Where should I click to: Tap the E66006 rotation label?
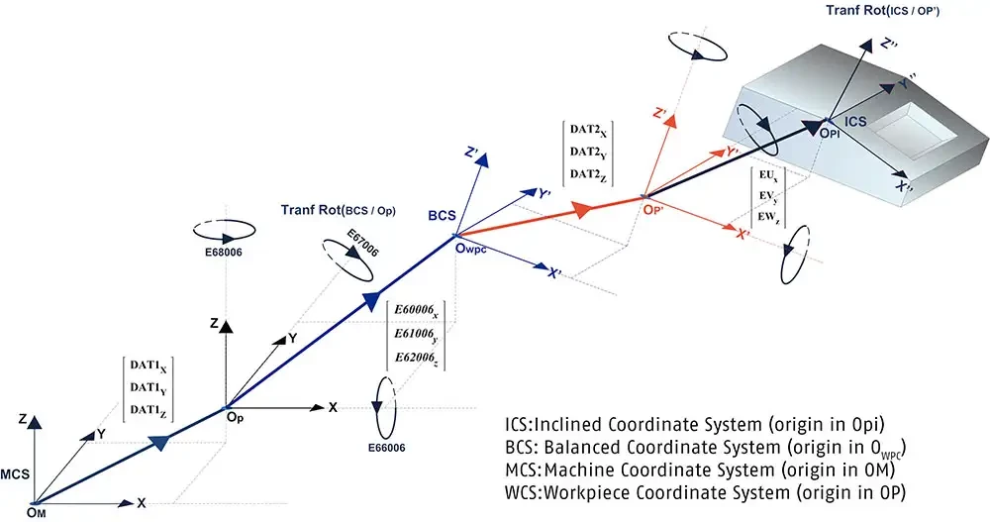pos(386,448)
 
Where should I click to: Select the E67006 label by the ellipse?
pos(363,244)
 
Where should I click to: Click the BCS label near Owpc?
pos(442,216)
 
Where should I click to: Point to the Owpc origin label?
pos(471,249)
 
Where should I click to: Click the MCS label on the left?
pos(15,474)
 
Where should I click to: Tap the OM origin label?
pos(36,512)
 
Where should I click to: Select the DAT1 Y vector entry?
pos(148,388)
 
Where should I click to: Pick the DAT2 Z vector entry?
pos(588,174)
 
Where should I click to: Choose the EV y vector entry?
pos(768,196)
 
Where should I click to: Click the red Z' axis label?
pos(660,114)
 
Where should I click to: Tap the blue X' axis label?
pos(553,273)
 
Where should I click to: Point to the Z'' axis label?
pos(888,45)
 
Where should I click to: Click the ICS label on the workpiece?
pos(855,121)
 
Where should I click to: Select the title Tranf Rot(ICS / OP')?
pos(883,10)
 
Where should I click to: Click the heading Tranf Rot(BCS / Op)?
pos(339,210)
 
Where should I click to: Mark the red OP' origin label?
pos(653,210)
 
